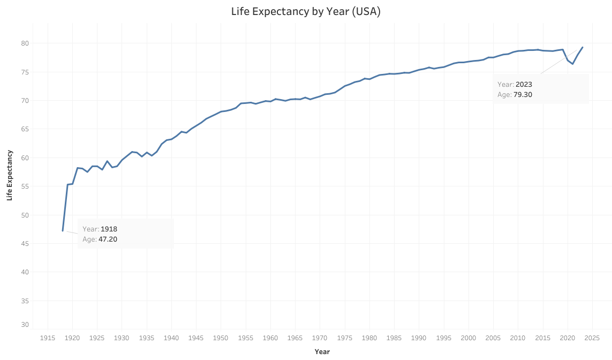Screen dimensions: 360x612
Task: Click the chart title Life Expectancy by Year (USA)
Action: click(306, 11)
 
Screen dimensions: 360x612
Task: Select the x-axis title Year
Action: click(322, 351)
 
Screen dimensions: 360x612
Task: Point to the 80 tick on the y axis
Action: click(25, 43)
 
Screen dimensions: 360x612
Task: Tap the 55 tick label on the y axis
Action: click(25, 186)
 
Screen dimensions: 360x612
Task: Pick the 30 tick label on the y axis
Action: click(25, 325)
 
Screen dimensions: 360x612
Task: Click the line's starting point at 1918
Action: click(63, 231)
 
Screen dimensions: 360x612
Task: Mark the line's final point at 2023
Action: click(583, 47)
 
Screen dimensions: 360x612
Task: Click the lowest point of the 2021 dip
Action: click(572, 64)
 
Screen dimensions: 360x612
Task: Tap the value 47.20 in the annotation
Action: click(108, 239)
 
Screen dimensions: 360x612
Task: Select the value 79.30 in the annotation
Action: click(523, 95)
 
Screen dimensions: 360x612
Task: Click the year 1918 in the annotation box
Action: click(109, 229)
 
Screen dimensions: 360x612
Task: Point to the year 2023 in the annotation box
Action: click(524, 84)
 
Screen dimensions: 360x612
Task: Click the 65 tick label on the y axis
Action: click(25, 129)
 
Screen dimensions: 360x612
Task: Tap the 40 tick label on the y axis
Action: click(25, 272)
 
